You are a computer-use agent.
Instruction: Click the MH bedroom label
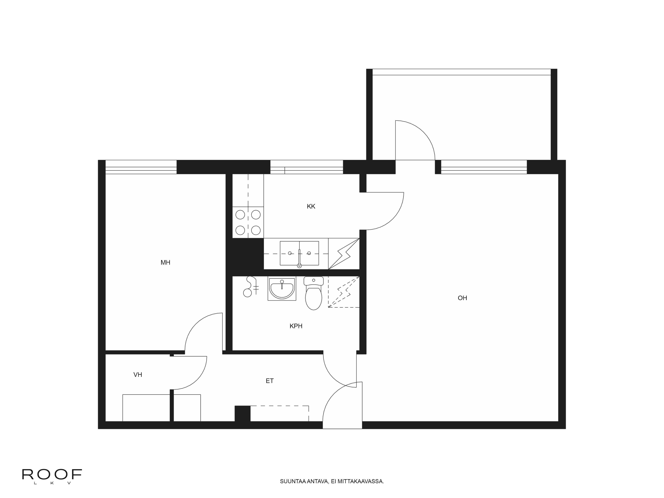165,263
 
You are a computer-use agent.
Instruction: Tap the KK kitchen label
311,207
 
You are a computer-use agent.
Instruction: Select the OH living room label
462,298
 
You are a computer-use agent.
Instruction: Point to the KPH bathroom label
296,326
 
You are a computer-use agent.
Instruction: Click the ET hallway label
270,381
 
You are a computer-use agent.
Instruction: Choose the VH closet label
138,375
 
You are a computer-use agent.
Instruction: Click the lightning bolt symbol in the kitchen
344,254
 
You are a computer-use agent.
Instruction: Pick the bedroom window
141,167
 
